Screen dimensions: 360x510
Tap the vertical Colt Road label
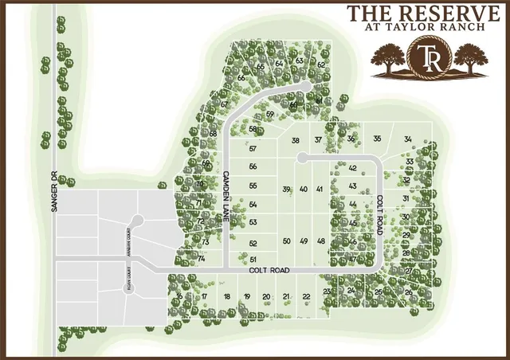[381, 209]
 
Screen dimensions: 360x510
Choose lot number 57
[253, 149]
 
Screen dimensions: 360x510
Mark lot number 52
[253, 243]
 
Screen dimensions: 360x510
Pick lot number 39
[286, 189]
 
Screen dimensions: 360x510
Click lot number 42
[352, 168]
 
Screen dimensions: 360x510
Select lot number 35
[377, 139]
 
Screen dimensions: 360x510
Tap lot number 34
[408, 139]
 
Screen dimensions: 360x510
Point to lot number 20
[266, 296]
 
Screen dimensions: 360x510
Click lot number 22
[306, 296]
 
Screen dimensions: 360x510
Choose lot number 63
[299, 61]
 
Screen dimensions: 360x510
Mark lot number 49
[304, 241]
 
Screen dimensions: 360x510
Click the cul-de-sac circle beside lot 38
[303, 158]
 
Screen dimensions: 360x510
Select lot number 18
[227, 296]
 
